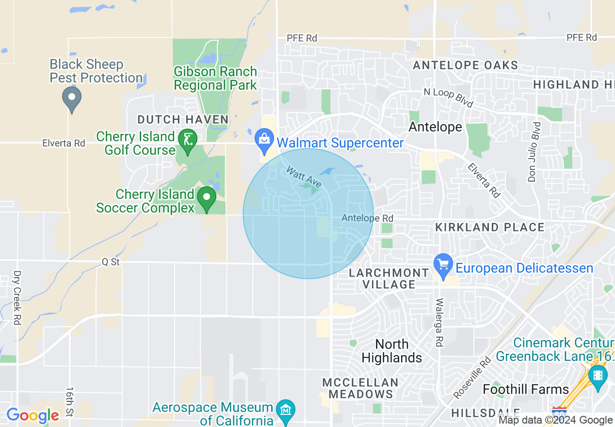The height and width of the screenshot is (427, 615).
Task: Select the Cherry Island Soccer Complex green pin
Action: [207, 197]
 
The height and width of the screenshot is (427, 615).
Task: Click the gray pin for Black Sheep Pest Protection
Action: [72, 97]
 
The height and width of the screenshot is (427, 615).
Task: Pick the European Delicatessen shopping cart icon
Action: [443, 264]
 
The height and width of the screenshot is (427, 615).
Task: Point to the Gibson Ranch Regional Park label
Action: [215, 78]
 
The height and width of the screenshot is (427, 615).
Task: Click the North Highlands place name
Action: [392, 351]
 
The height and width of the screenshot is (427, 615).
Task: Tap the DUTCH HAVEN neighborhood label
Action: [183, 119]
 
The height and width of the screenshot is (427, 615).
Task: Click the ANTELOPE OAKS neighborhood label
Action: [465, 65]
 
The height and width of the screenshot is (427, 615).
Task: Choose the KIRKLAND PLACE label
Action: [490, 227]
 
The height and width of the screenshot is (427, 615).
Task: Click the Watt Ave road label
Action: [304, 177]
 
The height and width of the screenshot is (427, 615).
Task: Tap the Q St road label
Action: [111, 262]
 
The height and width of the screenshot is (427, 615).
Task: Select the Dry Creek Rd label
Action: [17, 297]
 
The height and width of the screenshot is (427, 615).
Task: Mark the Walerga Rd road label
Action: [439, 322]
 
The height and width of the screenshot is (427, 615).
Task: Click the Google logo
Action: [32, 415]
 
